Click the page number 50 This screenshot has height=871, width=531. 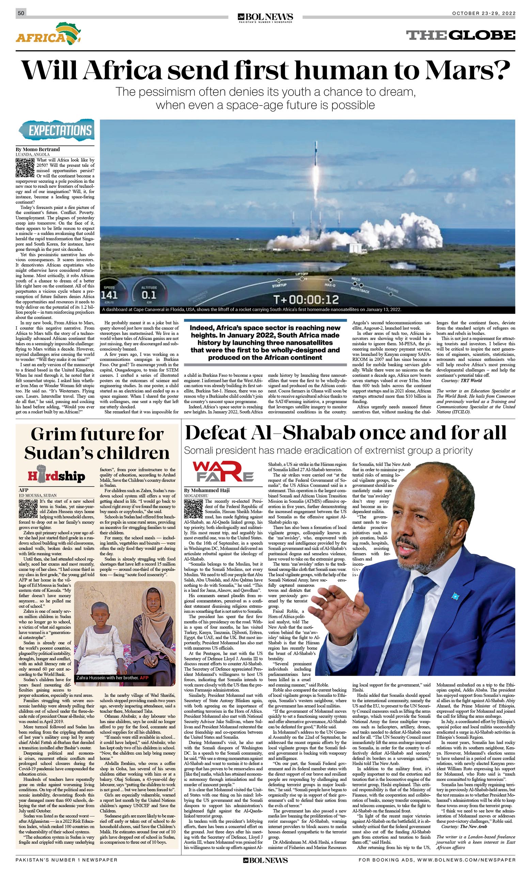(21, 13)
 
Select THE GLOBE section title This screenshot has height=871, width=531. (460, 35)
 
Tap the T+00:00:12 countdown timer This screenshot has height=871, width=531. (306, 300)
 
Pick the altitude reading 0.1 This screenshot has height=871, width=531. (149, 294)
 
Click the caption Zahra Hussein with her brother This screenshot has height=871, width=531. (108, 677)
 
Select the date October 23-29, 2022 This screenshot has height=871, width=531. (484, 13)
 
